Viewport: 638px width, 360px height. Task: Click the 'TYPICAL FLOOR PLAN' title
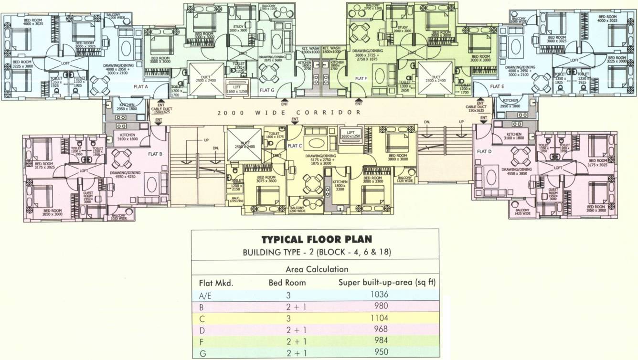(316, 240)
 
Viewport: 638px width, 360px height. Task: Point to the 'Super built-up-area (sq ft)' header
(387, 282)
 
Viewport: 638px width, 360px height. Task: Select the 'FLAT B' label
(156, 154)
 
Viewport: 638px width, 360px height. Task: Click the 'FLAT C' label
(295, 146)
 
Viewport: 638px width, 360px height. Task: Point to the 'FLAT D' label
(484, 151)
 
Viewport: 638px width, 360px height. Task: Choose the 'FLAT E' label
(497, 86)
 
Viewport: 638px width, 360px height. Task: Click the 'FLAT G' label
(267, 89)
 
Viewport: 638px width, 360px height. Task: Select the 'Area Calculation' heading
(316, 269)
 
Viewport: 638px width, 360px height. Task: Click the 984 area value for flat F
(380, 340)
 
